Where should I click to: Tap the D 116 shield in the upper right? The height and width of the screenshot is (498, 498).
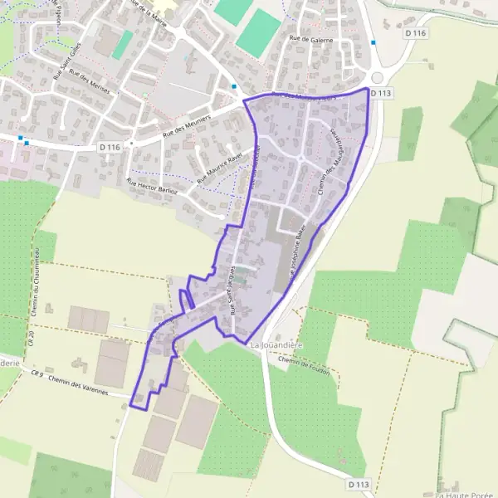[416, 32]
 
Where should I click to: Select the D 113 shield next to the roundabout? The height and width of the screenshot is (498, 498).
[380, 93]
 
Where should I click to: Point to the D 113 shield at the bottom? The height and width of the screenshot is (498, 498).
[359, 484]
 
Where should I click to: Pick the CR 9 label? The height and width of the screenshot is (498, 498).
[37, 374]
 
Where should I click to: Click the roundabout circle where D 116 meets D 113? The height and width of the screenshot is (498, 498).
[377, 77]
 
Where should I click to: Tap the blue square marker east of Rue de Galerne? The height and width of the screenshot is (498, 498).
[373, 42]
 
